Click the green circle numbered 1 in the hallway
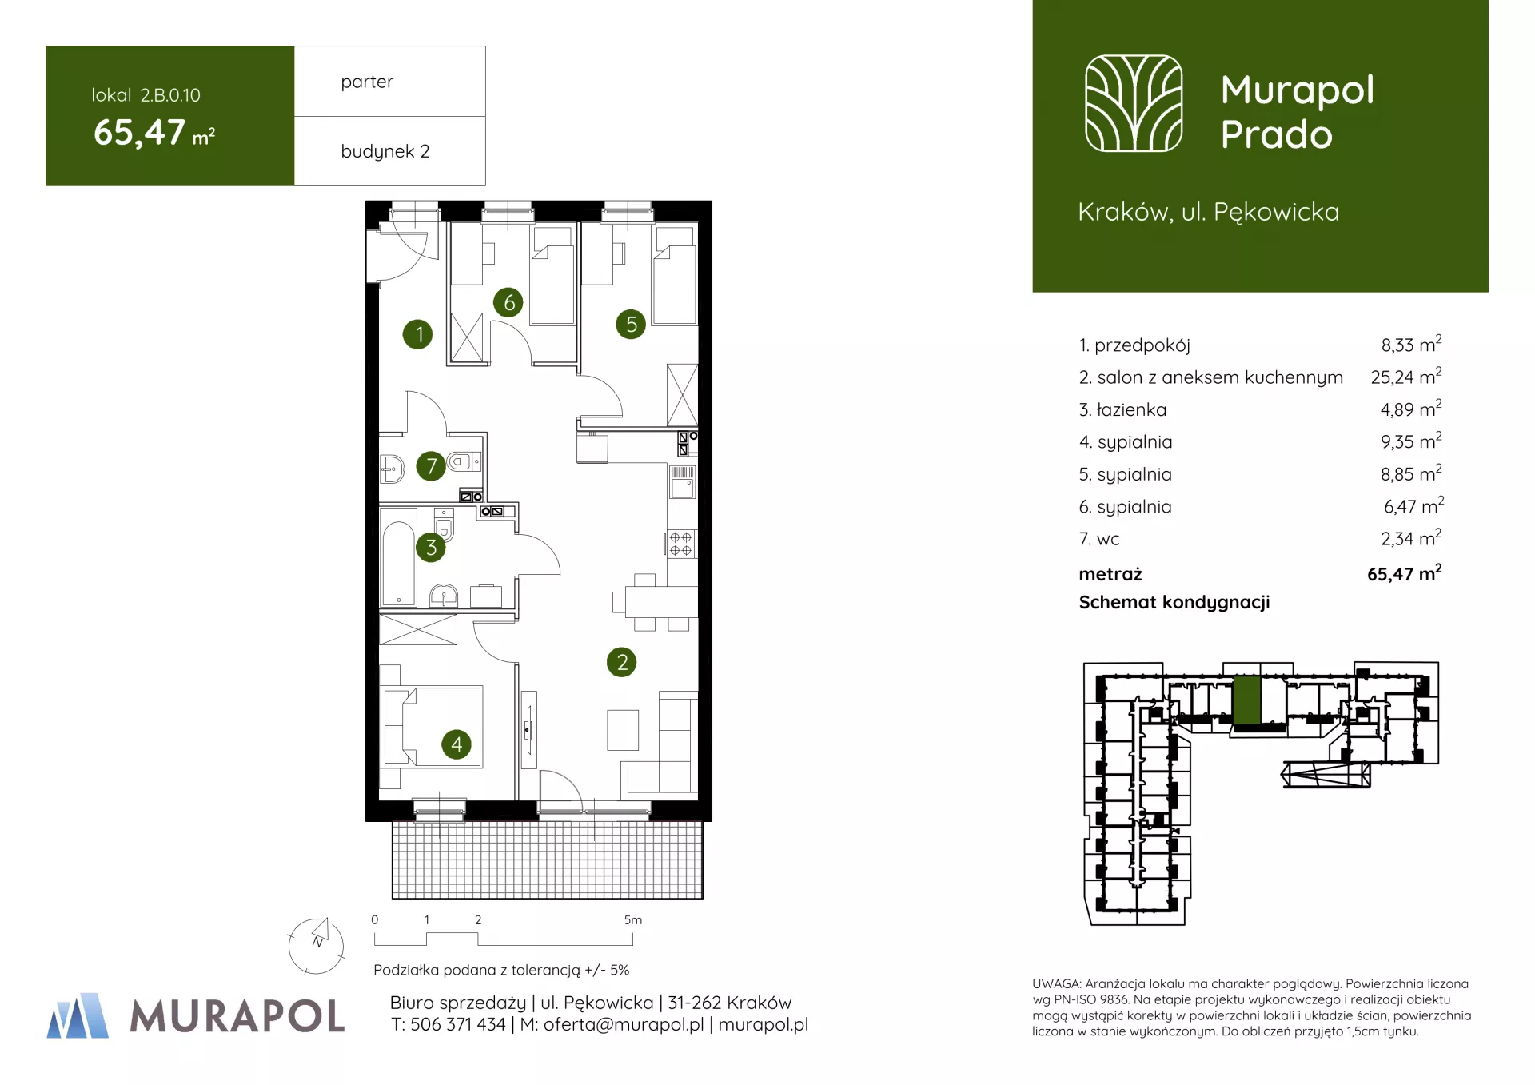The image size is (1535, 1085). (x=417, y=334)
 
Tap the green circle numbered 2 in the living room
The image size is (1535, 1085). (x=621, y=662)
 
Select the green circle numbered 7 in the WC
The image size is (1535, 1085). (x=431, y=465)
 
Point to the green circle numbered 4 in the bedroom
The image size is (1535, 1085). (x=457, y=745)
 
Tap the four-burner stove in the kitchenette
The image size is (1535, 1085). (x=681, y=544)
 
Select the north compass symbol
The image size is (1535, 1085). (x=317, y=945)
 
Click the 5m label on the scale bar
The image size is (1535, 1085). (x=632, y=920)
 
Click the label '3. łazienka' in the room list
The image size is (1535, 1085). (x=1122, y=410)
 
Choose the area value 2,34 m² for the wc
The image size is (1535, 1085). (x=1411, y=538)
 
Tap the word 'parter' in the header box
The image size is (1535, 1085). (x=367, y=82)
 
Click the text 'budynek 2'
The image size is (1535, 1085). (x=385, y=151)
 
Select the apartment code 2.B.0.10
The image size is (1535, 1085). (x=170, y=95)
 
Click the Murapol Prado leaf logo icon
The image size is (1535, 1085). (x=1134, y=103)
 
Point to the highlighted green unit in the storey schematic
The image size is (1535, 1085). (x=1246, y=700)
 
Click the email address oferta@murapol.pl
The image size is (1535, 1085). (x=624, y=1024)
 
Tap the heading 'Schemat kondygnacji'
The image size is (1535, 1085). (x=1174, y=603)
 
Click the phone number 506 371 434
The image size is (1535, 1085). (x=458, y=1024)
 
